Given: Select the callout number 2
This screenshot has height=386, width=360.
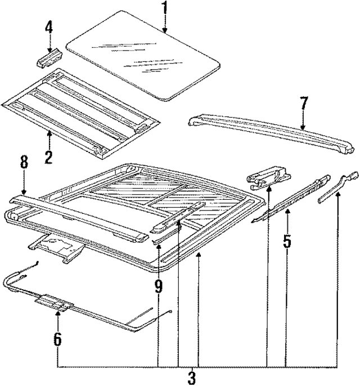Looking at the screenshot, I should tap(48, 156).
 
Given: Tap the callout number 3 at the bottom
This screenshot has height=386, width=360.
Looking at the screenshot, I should tap(191, 376).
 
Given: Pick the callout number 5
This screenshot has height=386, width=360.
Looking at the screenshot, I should tap(287, 241).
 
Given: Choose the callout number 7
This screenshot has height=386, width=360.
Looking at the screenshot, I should tap(303, 103).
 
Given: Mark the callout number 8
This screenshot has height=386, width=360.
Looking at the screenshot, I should tap(23, 163).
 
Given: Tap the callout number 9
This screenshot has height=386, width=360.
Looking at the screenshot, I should tap(158, 286).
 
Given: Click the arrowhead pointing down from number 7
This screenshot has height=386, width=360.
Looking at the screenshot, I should tap(303, 127).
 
